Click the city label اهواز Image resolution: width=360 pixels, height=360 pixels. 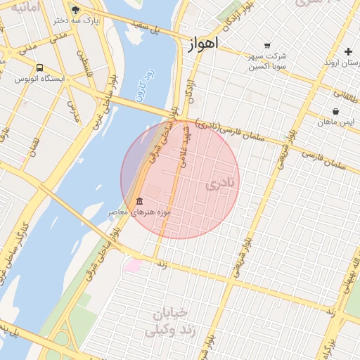[203, 43]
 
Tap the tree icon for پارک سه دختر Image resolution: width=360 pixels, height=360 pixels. [76, 11]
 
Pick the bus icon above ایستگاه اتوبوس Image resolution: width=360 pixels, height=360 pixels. [39, 68]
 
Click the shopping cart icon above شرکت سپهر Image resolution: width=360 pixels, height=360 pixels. [266, 45]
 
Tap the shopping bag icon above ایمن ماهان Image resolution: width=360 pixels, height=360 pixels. [335, 111]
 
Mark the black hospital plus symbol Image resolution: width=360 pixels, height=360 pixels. [348, 51]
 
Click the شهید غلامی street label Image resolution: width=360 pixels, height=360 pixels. [186, 145]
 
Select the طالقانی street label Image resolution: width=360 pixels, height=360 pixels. [345, 91]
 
